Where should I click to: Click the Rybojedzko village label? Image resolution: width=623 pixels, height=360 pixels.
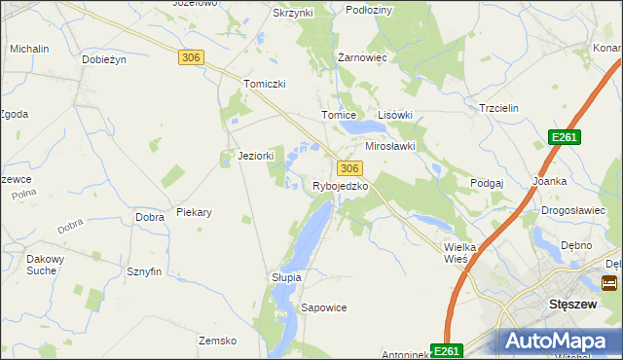pyautogui.click(x=340, y=186)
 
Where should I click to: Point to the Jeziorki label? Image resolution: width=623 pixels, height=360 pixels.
pyautogui.click(x=256, y=156)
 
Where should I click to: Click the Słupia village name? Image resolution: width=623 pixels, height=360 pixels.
pyautogui.click(x=286, y=277)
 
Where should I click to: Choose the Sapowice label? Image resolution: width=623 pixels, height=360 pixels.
pyautogui.click(x=324, y=307)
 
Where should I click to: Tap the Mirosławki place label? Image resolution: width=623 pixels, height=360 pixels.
pyautogui.click(x=389, y=146)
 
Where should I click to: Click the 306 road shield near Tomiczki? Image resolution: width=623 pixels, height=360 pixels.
pyautogui.click(x=191, y=58)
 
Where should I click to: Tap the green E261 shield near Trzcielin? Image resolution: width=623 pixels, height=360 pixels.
pyautogui.click(x=564, y=138)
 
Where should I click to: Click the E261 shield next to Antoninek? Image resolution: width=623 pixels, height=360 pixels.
pyautogui.click(x=446, y=350)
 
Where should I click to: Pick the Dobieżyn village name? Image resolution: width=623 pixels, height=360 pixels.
pyautogui.click(x=105, y=59)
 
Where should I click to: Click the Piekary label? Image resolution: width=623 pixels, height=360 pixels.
pyautogui.click(x=194, y=211)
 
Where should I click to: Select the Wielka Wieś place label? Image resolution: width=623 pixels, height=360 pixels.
pyautogui.click(x=459, y=253)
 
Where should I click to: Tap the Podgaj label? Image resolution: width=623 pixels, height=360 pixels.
pyautogui.click(x=486, y=183)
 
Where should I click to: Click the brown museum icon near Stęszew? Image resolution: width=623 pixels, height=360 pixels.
pyautogui.click(x=609, y=284)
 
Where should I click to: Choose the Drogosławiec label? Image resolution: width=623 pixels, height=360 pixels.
pyautogui.click(x=566, y=211)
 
